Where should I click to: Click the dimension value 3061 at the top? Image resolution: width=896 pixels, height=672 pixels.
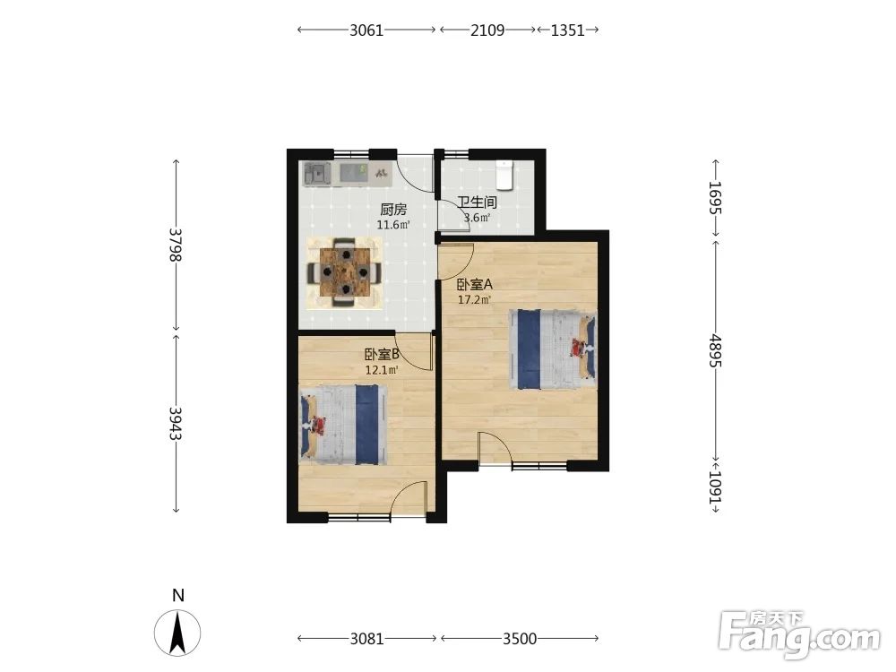pos(366,30)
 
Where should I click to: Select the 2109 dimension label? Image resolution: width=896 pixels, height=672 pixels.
pos(487,30)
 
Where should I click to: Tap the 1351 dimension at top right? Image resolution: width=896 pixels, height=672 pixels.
pos(567,30)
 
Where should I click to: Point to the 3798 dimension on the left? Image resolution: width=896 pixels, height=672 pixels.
pos(176,245)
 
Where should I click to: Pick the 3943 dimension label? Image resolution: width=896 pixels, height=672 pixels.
pos(176,423)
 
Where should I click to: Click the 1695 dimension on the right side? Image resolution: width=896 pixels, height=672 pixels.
pos(715,198)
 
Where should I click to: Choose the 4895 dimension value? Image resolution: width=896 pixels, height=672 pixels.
pos(715,351)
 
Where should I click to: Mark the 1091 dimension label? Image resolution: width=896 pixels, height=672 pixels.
pos(715,487)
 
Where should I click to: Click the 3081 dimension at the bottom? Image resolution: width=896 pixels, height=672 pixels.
pos(366,638)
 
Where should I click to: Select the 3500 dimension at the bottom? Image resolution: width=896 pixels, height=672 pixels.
pos(520,638)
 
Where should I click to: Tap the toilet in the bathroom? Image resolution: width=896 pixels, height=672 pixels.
pos(504,175)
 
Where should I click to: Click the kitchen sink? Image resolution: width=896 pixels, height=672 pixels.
pos(318,174)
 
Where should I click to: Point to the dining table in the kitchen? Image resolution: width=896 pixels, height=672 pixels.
pos(345,271)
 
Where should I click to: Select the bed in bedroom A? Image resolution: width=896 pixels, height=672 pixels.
pos(553,349)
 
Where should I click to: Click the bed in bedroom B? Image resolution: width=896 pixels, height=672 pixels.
pos(343,424)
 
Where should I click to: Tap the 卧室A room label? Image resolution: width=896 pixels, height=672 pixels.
pos(474,284)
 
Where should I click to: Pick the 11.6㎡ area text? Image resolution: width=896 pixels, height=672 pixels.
pos(393,225)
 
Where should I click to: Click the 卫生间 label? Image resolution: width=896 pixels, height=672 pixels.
pos(478,202)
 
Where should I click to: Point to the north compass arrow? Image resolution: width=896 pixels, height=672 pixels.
pos(177,633)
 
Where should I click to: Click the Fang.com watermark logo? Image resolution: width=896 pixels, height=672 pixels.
pos(800,634)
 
